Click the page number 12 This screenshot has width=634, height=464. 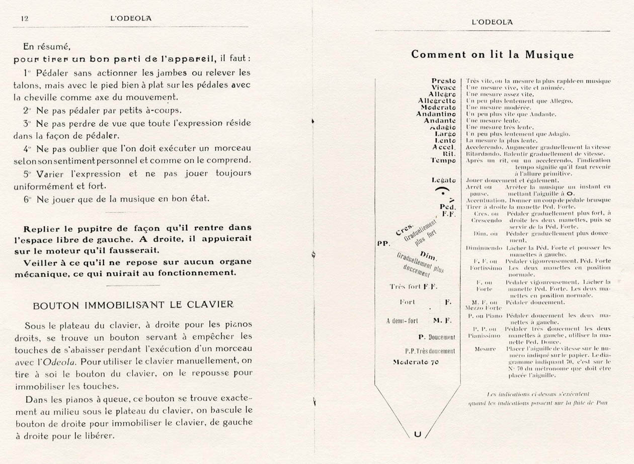(24, 18)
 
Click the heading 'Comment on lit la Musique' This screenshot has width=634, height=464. (492, 54)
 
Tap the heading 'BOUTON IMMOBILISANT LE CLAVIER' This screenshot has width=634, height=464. (133, 305)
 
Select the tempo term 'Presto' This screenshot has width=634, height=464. (443, 80)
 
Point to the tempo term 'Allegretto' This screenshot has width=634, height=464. (437, 101)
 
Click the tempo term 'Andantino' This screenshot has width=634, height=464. (436, 114)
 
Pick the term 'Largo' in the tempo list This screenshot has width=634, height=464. (445, 134)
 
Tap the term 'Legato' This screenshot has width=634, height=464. (443, 180)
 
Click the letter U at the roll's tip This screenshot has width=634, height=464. (417, 434)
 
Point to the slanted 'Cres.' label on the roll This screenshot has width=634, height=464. (404, 229)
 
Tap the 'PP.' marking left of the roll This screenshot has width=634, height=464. (384, 243)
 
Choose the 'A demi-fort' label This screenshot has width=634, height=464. (403, 320)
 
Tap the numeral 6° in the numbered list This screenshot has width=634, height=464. (28, 199)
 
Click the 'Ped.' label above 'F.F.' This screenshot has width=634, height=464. (447, 207)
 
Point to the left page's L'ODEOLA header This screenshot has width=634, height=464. (131, 18)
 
